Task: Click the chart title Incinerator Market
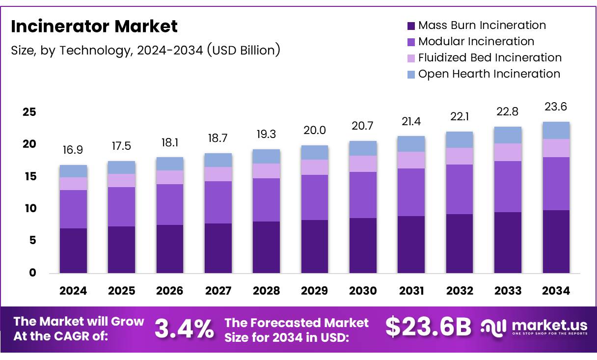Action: pos(94,27)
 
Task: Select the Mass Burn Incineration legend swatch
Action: pos(411,26)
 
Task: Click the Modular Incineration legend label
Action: pos(476,41)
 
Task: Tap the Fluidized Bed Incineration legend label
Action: pos(489,57)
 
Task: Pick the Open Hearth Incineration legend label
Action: pos(488,74)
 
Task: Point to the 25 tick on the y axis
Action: pos(29,112)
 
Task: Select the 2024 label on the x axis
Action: pos(73,291)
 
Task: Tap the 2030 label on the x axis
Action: pos(363,291)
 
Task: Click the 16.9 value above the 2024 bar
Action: pos(73,150)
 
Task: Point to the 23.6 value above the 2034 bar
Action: pos(556,107)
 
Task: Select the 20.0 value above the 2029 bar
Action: pos(315,130)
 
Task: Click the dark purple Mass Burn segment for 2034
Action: pos(556,242)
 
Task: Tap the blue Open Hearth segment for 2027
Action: pos(218,160)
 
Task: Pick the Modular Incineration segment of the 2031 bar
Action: pos(411,192)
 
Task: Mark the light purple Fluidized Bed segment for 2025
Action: pos(121,180)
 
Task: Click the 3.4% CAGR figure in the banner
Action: pos(184,329)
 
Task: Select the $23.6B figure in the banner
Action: pos(428,328)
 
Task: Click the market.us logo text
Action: pos(549,325)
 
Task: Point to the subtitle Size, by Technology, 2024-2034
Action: pos(145,50)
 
